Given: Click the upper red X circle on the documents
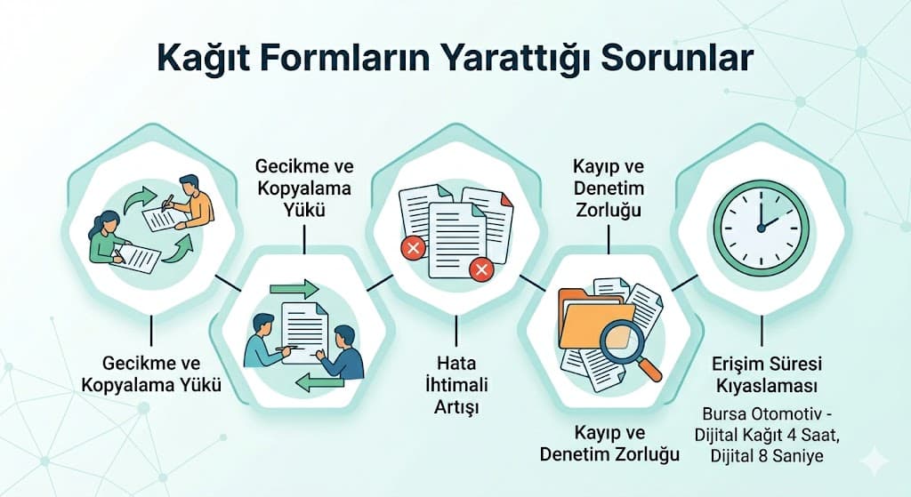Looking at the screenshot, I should [x=412, y=248].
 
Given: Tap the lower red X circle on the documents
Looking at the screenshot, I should [x=481, y=268].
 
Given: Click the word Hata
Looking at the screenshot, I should [x=455, y=364].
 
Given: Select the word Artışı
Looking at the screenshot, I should [x=455, y=407].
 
